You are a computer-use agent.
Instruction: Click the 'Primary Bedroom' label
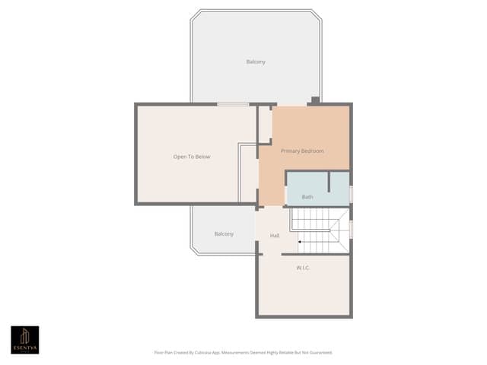302,151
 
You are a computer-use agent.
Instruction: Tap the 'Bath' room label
307,197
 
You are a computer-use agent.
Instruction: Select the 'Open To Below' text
192,157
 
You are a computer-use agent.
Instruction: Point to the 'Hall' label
275,236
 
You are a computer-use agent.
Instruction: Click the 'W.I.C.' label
302,268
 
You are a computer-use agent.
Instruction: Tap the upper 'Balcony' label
256,62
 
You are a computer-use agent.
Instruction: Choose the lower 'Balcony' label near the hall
224,234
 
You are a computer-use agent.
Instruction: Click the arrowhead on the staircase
300,243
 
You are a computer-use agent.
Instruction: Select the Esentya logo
24,339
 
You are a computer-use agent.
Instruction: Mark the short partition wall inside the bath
328,182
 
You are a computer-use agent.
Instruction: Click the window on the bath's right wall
351,194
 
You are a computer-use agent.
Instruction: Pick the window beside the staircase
351,229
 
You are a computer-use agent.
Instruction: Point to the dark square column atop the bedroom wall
315,100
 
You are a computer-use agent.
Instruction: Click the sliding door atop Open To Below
233,104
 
